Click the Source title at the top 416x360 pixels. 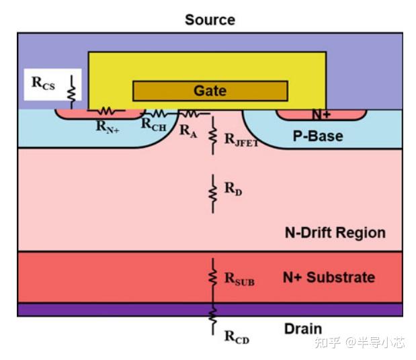pyautogui.click(x=210, y=19)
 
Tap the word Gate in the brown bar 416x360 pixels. pyautogui.click(x=210, y=91)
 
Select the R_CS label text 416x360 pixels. pyautogui.click(x=44, y=83)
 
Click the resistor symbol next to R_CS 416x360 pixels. pyautogui.click(x=71, y=87)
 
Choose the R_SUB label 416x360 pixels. pyautogui.click(x=239, y=279)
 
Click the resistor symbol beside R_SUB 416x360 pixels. pyautogui.click(x=213, y=275)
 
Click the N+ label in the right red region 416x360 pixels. pyautogui.click(x=321, y=115)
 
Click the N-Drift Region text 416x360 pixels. pyautogui.click(x=335, y=233)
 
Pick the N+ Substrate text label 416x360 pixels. pyautogui.click(x=329, y=277)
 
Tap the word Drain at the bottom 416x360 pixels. pyautogui.click(x=302, y=329)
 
